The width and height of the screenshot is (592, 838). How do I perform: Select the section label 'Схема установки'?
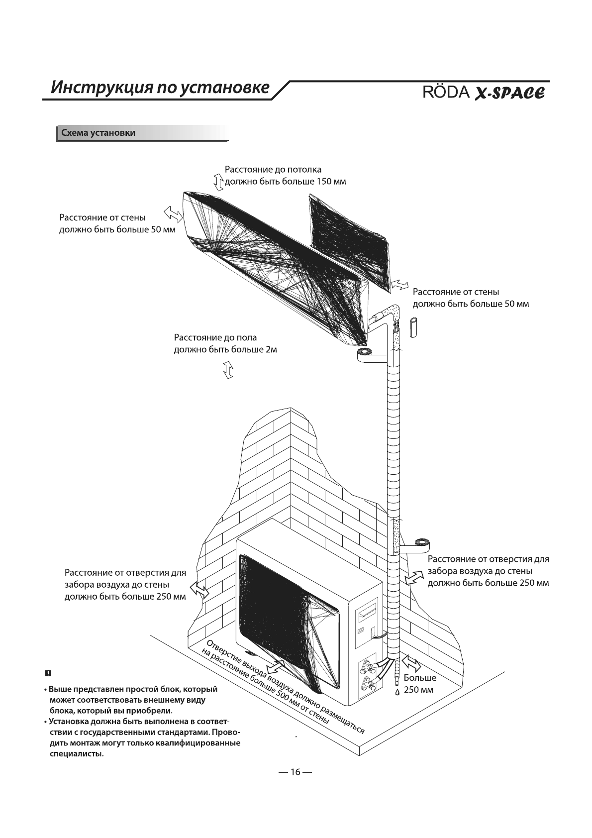pos(98,133)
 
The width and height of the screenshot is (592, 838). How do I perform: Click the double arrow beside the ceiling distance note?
pos(218,182)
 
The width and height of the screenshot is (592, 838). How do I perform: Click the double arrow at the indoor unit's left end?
pos(173,212)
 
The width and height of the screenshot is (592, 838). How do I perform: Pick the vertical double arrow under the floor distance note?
pos(228,371)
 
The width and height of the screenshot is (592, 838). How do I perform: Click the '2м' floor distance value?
pos(271,349)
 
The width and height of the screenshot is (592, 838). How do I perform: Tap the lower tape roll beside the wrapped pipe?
pos(424,543)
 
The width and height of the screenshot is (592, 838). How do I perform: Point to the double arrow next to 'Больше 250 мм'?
pos(411,663)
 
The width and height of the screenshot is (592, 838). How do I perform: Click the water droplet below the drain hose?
pos(397,692)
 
